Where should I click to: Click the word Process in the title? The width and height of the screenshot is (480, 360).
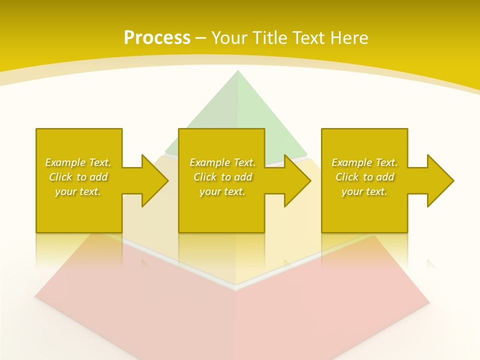[x=157, y=38]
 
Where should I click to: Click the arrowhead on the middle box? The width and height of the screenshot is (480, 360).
[x=297, y=180]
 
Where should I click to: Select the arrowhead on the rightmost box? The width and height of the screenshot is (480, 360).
[x=440, y=180]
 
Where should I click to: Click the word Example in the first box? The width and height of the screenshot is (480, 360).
[x=65, y=162]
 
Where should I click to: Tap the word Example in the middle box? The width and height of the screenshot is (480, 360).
[x=209, y=162]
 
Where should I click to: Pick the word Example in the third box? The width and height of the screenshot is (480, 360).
[x=351, y=162]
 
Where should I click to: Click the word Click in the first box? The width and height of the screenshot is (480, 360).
[x=60, y=177]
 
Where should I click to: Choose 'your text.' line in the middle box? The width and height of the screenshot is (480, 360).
[x=222, y=191]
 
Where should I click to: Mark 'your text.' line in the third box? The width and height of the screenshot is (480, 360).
[x=364, y=191]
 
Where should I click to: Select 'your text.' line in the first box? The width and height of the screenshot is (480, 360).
[x=78, y=191]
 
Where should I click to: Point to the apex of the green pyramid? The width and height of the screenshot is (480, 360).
[x=237, y=71]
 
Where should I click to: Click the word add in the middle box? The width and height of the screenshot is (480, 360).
[x=242, y=177]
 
